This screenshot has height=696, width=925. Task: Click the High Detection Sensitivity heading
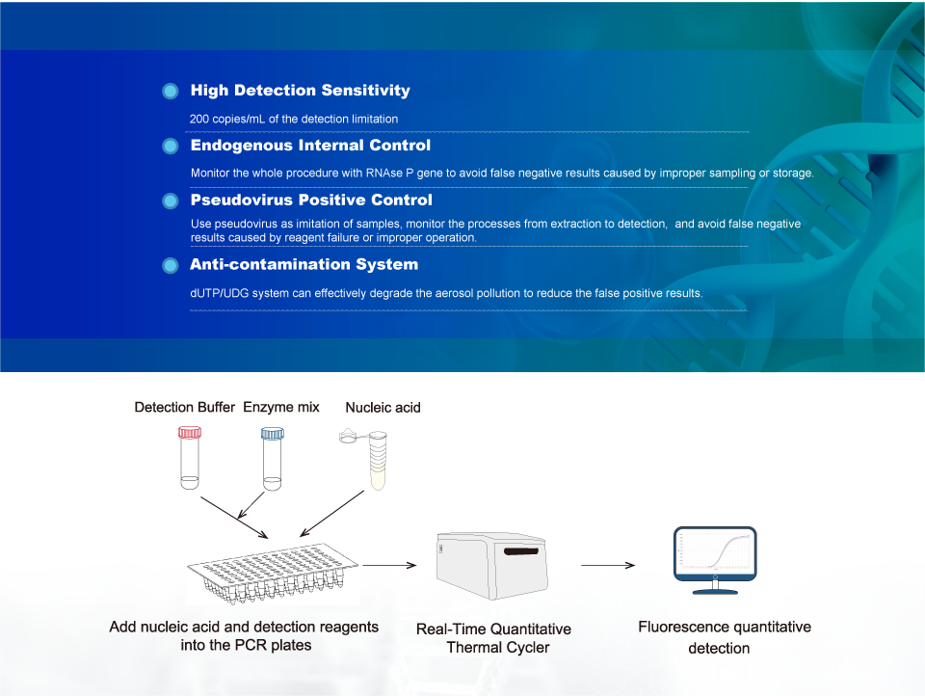[300, 91]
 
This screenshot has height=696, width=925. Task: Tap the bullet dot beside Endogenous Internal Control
[171, 146]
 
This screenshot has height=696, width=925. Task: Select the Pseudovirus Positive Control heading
[311, 201]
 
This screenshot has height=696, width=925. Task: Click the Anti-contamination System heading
[304, 264]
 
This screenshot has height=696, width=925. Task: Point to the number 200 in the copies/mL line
[198, 119]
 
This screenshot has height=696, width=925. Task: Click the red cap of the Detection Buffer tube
[190, 433]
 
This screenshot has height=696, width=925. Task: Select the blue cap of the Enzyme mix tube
[272, 434]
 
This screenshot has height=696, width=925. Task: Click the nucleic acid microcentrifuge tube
[377, 460]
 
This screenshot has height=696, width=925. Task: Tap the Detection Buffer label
[184, 408]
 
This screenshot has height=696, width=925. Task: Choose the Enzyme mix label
[280, 408]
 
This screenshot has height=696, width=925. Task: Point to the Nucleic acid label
[383, 408]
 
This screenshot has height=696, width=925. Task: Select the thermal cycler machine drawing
[492, 566]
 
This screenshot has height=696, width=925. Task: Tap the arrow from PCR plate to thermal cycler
[389, 565]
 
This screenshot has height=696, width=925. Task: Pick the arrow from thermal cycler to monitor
[608, 565]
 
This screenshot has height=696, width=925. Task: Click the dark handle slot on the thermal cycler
[521, 551]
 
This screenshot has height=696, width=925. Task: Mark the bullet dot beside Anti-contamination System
[171, 266]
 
